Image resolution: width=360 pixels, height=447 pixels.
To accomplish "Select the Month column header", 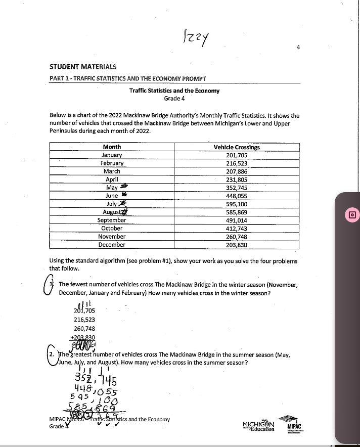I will pos(112,147).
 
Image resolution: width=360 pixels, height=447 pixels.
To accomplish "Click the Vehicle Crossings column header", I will pos(237,147).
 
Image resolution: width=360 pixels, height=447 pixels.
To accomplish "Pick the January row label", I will pos(112,155).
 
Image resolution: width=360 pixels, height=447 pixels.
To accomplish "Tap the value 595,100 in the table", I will pos(237,204).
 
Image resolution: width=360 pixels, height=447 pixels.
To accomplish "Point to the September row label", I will pos(112,220).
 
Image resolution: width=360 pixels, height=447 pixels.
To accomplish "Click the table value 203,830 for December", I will pos(237,244).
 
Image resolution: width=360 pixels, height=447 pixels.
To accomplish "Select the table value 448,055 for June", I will pos(237,196).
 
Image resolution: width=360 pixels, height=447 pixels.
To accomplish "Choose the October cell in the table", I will pos(112,228).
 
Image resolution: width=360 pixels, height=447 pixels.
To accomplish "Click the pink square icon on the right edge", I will pos(350,214).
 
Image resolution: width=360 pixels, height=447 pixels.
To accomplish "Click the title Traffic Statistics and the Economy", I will pos(174,91).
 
